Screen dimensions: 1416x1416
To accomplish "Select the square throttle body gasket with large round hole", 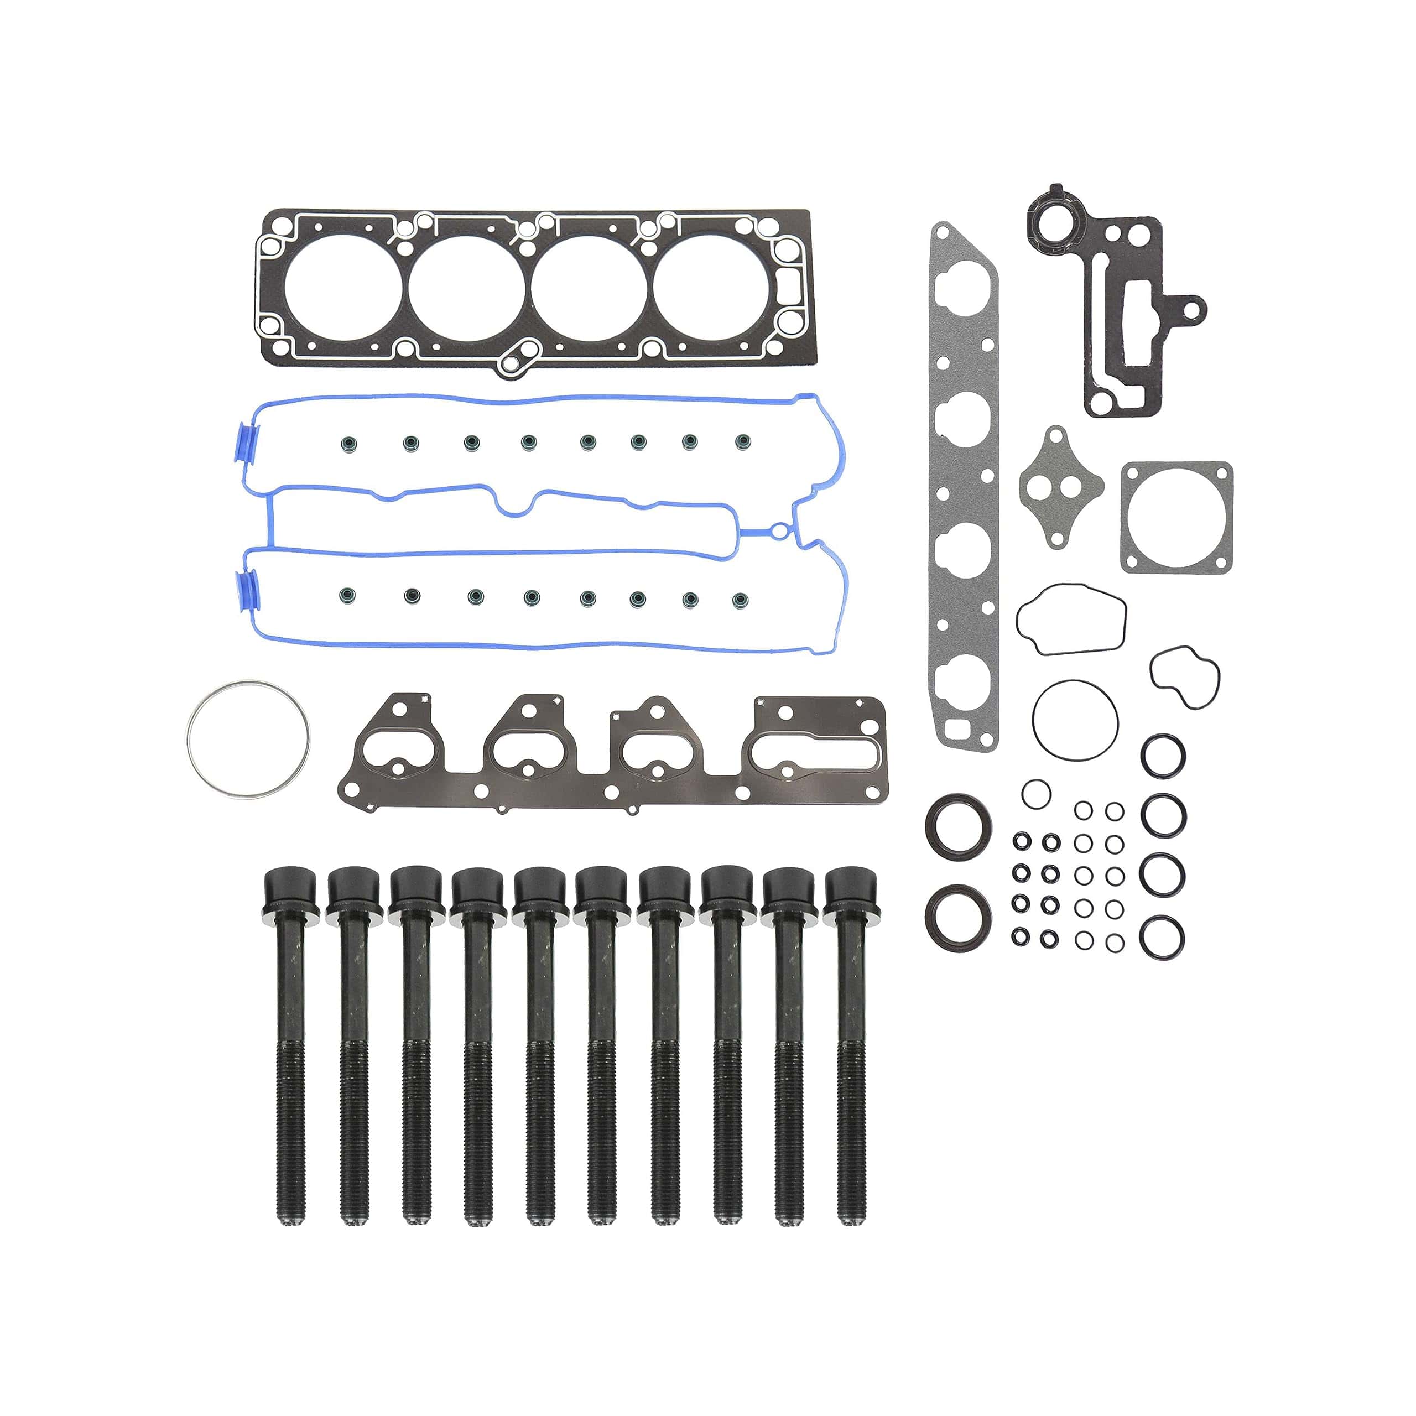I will [x=1175, y=517].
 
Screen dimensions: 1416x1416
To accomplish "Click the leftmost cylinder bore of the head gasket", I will [x=342, y=288].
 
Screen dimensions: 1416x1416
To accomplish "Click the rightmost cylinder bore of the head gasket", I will [x=711, y=288].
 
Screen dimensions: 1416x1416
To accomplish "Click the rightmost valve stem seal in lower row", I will [x=741, y=600].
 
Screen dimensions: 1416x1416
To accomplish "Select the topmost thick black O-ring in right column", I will [x=1163, y=755].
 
